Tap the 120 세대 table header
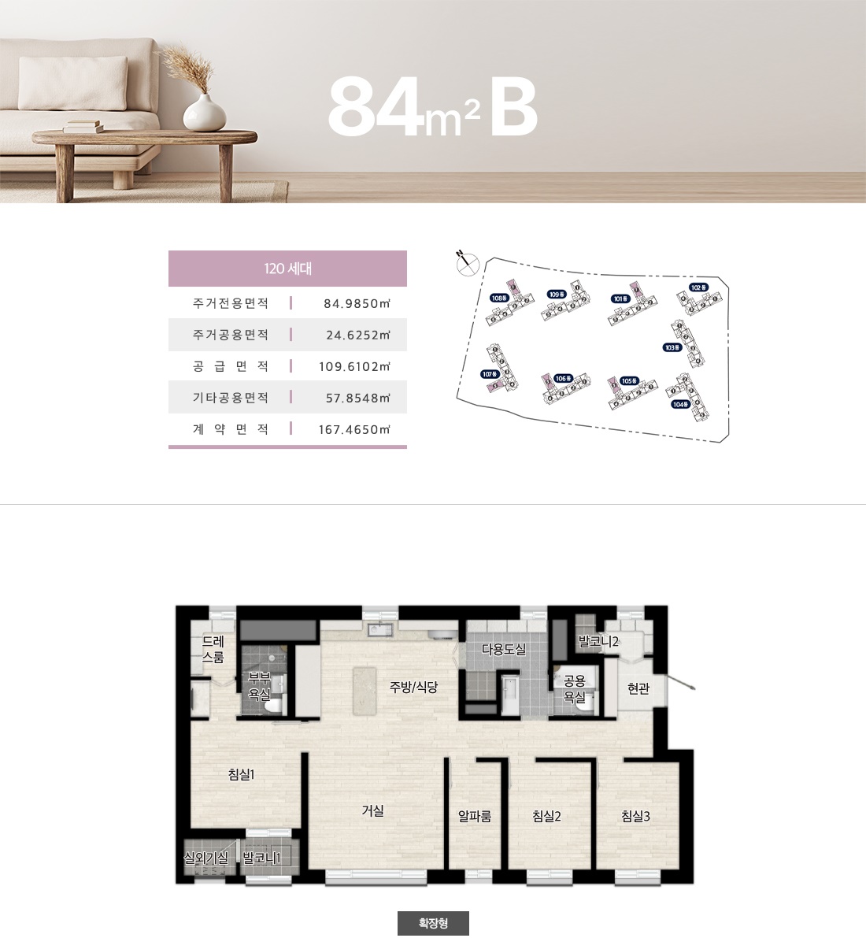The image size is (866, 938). [x=287, y=269]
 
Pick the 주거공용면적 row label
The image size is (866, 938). [x=231, y=335]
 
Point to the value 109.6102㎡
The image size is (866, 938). [x=354, y=366]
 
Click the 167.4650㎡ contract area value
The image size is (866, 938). [x=354, y=429]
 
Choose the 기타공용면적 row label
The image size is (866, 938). [x=231, y=398]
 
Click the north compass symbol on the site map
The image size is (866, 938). [x=467, y=263]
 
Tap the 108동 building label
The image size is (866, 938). [x=499, y=298]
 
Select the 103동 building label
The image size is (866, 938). [x=672, y=347]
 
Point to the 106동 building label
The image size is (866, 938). [x=562, y=379]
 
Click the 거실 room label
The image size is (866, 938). [x=372, y=810]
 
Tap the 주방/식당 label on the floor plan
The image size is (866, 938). [x=413, y=687]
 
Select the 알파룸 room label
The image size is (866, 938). [x=475, y=817]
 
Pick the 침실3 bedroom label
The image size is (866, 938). [x=635, y=817]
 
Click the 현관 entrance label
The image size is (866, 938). [x=638, y=689]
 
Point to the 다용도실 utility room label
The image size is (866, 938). [x=504, y=650]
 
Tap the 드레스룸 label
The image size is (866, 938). [x=213, y=649]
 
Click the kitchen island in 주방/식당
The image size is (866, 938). [x=365, y=691]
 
